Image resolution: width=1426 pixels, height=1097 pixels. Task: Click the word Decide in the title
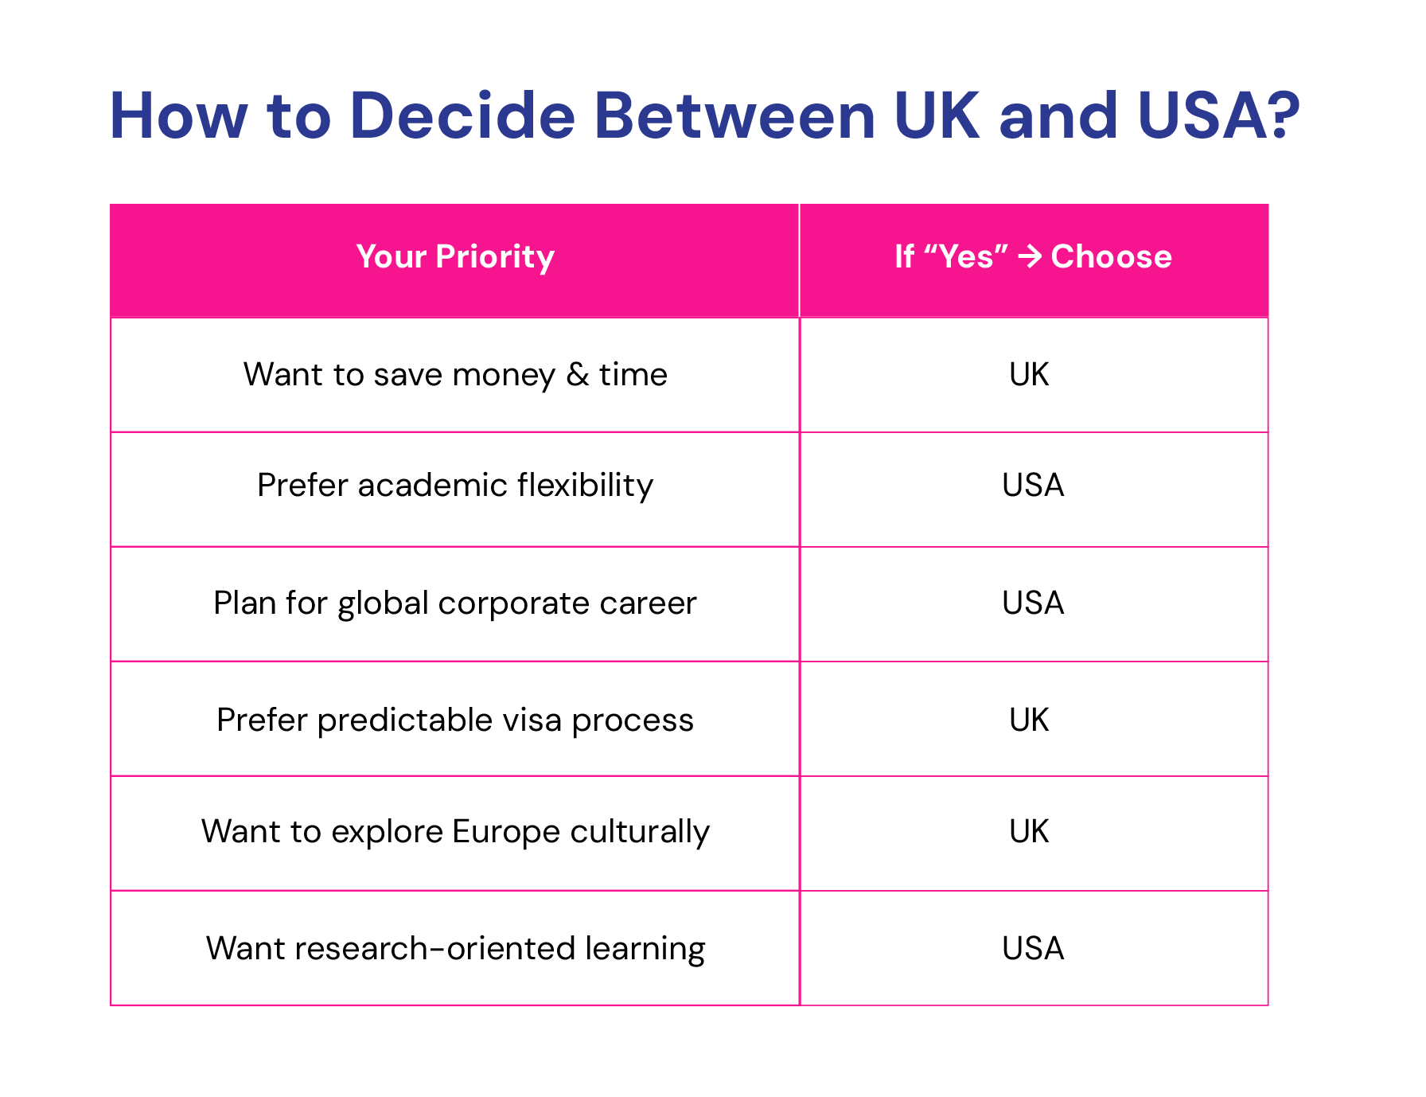tap(462, 115)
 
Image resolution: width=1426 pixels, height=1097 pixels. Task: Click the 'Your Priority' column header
tap(455, 257)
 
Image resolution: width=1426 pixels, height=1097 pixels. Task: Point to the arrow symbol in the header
tap(1030, 256)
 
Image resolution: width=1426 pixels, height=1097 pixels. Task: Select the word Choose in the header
tap(1111, 256)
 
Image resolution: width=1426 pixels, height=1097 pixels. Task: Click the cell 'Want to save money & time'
tap(455, 374)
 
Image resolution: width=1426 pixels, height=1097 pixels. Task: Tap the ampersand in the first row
tap(578, 374)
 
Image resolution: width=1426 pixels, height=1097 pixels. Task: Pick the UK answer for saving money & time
tap(1029, 374)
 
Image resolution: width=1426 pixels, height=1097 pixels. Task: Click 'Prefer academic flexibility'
tap(455, 486)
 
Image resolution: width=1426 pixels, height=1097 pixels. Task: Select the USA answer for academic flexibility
tap(1033, 485)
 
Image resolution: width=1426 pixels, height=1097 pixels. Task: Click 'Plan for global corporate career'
tap(455, 603)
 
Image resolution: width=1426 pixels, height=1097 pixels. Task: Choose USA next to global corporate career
tap(1033, 603)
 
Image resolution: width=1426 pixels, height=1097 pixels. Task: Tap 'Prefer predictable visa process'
tap(455, 720)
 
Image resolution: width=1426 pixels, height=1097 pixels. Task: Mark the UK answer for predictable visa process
tap(1029, 720)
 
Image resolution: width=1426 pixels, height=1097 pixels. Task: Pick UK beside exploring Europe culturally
tap(1029, 831)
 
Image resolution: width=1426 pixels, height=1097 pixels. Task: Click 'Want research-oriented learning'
tap(455, 949)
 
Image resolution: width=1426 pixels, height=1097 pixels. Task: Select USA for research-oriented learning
tap(1033, 948)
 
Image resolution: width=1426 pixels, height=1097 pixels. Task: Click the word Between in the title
tap(734, 115)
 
